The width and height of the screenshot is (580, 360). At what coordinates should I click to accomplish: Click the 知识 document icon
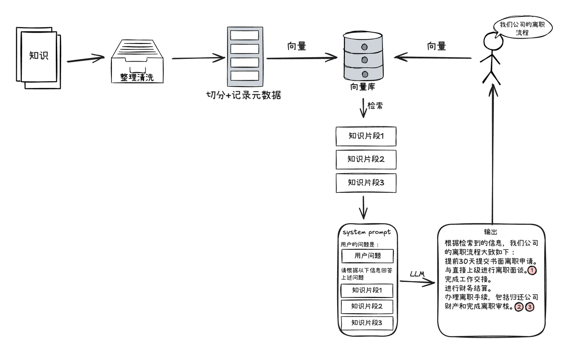click(x=39, y=57)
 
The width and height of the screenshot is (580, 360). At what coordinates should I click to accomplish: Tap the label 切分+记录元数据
click(x=243, y=95)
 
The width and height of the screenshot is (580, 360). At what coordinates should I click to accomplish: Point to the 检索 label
click(x=375, y=106)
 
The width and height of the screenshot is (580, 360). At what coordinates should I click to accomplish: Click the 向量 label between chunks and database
click(x=297, y=46)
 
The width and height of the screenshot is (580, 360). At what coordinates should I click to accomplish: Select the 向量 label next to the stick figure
click(x=437, y=46)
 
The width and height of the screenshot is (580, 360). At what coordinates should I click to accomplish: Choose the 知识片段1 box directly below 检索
click(x=366, y=136)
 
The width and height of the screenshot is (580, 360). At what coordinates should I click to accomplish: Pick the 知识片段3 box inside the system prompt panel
click(x=367, y=323)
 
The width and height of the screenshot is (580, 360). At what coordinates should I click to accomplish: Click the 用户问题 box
click(x=367, y=256)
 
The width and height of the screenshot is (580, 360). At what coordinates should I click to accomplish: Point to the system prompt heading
click(x=367, y=233)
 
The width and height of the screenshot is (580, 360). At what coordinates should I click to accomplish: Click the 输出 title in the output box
click(x=491, y=232)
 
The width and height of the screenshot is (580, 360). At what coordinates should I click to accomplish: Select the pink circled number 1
click(x=532, y=270)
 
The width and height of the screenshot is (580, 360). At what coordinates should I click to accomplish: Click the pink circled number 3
click(x=529, y=307)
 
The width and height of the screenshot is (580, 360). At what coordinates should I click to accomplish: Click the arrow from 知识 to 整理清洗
click(x=86, y=59)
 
